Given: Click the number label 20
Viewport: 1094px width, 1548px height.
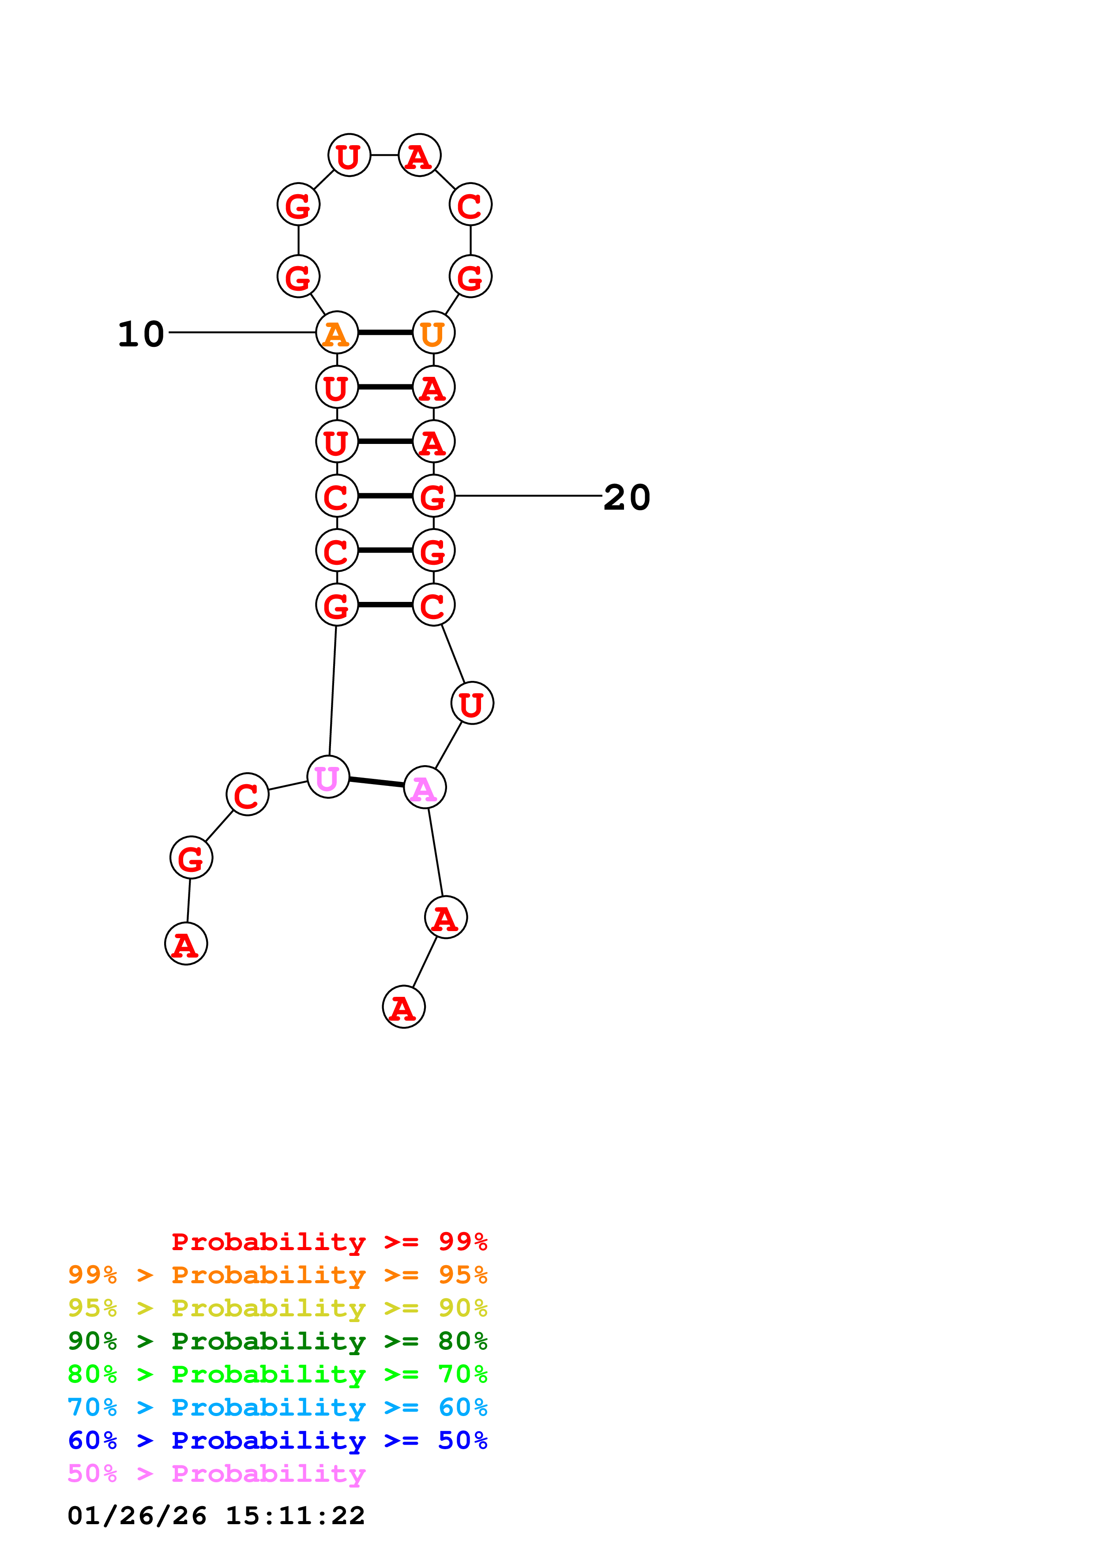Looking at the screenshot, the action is pos(626,498).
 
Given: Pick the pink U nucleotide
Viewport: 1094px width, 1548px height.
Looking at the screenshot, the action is pos(327,777).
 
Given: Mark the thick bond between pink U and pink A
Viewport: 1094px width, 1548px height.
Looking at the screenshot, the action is pos(376,782).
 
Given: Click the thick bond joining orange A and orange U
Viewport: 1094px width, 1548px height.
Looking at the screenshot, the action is pos(385,332).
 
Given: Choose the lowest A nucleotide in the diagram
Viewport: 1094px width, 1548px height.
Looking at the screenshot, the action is pos(403,1007).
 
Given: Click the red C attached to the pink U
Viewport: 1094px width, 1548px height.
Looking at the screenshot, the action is pos(248,794).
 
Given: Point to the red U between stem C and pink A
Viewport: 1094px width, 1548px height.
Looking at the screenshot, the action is pos(472,703).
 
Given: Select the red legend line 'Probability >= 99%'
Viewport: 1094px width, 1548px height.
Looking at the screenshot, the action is pos(329,1242).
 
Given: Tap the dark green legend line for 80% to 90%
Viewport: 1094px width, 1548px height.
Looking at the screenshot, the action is pos(277,1341).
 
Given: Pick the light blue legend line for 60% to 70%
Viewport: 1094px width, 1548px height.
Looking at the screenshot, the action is pos(277,1408).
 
